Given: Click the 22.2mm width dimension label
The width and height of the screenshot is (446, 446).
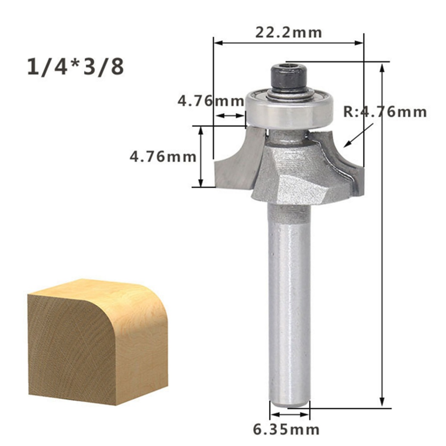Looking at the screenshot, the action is [289, 33].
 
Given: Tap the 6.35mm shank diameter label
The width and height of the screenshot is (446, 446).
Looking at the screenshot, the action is [286, 429].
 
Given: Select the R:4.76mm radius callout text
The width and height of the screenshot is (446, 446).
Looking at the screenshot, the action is [385, 112].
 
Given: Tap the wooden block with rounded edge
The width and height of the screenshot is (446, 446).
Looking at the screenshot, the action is [98, 341].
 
